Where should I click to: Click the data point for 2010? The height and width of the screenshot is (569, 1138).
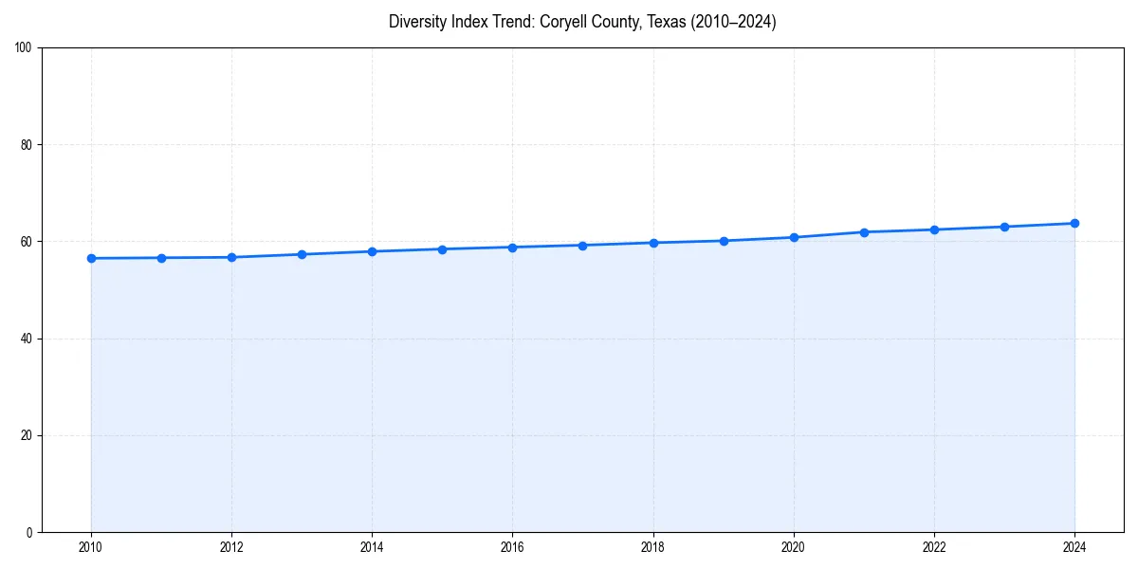(91, 258)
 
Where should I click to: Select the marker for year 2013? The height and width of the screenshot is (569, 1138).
(302, 254)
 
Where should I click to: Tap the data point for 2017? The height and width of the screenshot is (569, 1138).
(582, 246)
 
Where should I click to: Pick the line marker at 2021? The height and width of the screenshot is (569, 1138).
(864, 232)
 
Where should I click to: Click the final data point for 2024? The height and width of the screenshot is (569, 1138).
(1074, 224)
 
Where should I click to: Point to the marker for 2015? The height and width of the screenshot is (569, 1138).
(442, 249)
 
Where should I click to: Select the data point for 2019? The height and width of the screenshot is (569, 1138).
(724, 241)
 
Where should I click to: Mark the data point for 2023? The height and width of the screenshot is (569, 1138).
(1004, 227)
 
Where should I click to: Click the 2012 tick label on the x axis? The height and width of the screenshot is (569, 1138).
(231, 547)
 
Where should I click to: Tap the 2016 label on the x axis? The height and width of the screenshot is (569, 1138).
(512, 547)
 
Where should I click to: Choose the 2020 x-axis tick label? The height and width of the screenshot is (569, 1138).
(794, 547)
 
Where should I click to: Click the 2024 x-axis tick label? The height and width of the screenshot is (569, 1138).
(1074, 547)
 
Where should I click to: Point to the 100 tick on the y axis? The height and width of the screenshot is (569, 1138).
(25, 48)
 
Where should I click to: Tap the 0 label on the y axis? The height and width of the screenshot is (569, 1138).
(30, 532)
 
